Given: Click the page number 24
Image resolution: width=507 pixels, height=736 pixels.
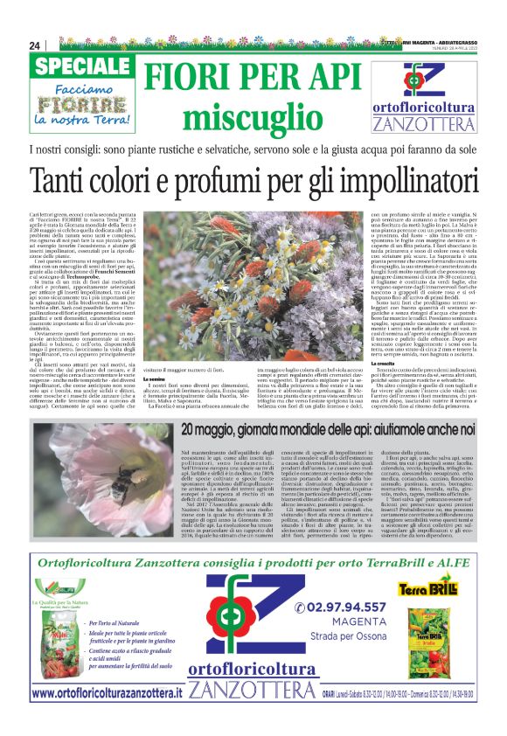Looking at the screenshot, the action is (35, 45).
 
